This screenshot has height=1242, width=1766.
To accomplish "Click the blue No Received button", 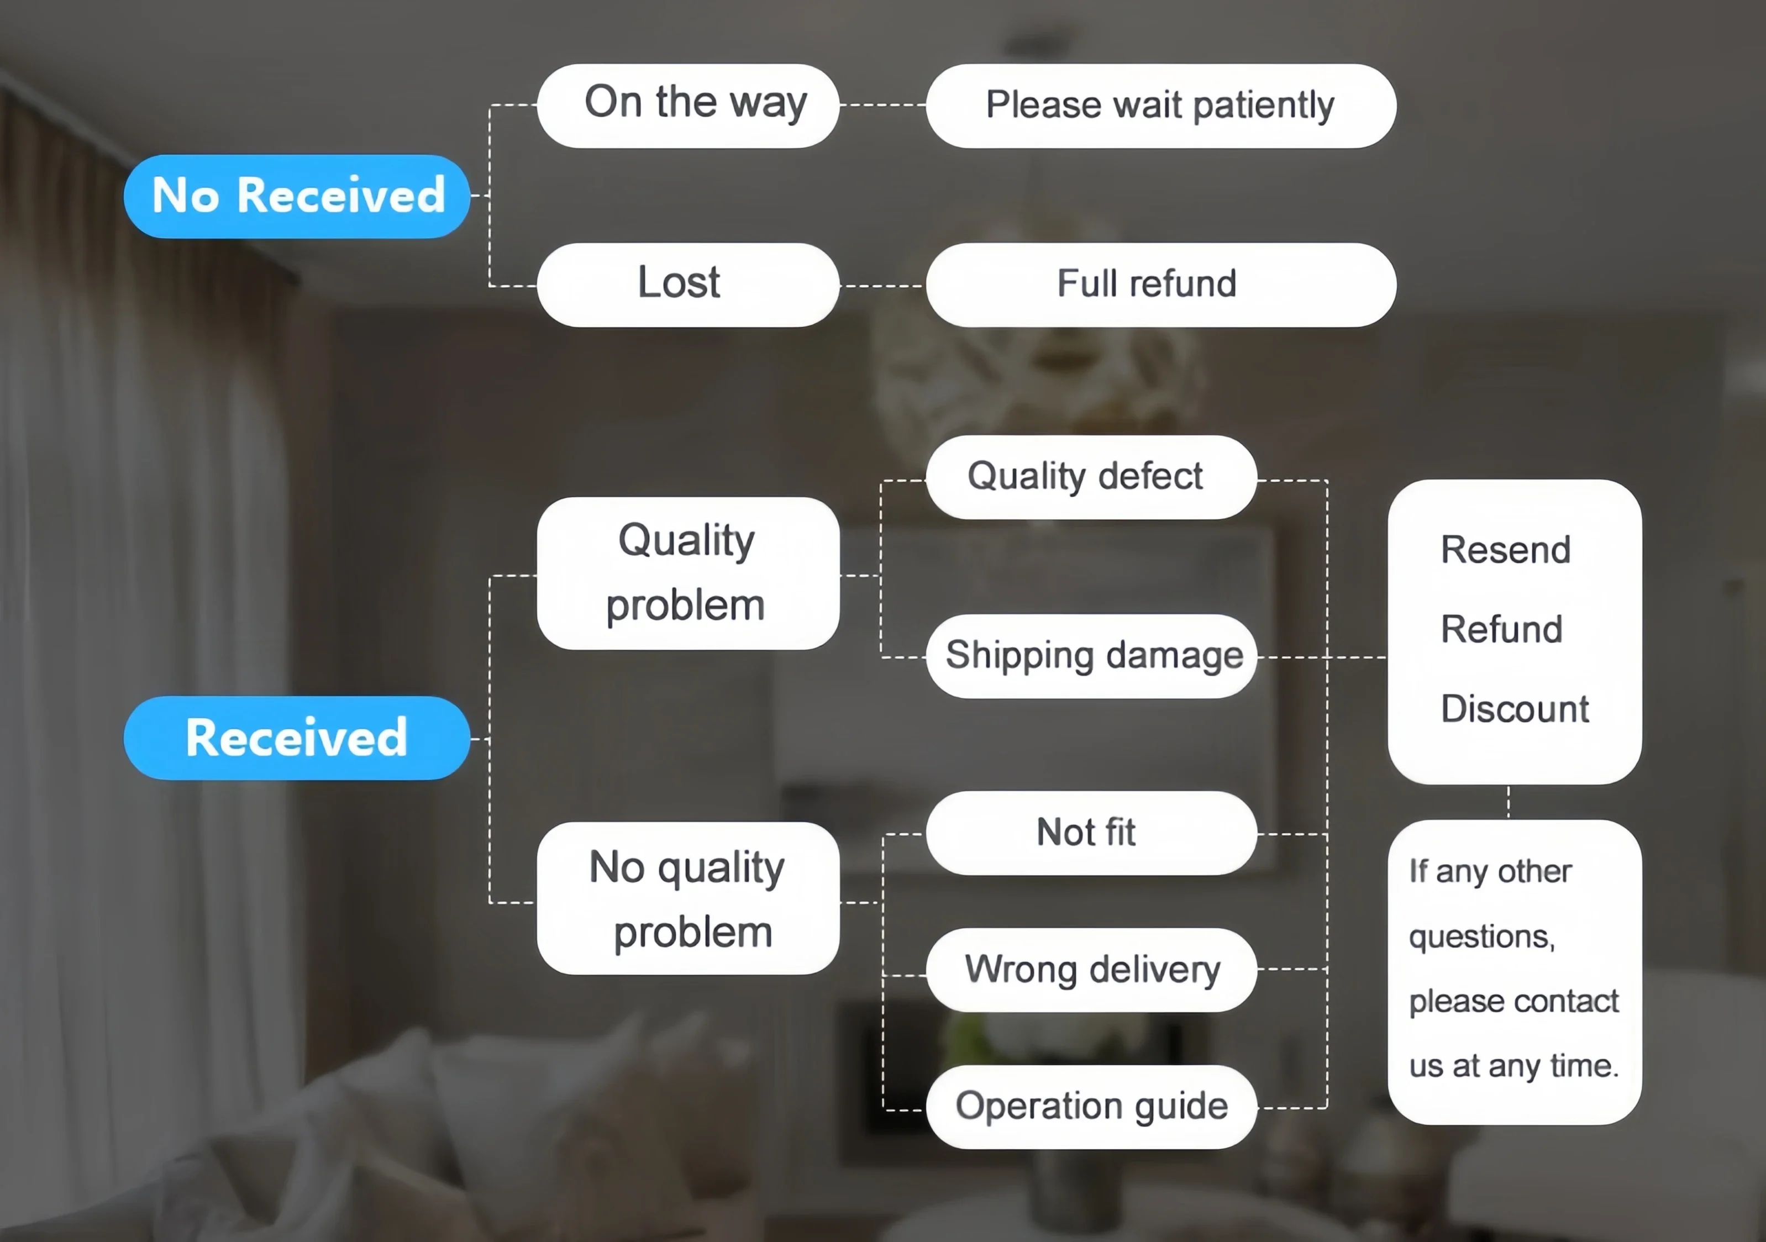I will [x=297, y=196].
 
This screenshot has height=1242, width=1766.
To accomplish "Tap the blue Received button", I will [x=297, y=738].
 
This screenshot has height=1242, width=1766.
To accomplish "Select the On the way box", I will [x=687, y=106].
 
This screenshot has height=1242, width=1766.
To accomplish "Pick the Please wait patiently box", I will [x=1161, y=106].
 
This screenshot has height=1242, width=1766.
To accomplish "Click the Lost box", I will [x=687, y=285].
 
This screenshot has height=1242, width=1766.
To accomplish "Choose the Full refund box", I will [x=1161, y=285].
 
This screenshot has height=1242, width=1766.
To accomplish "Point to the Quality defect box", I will [x=1091, y=477].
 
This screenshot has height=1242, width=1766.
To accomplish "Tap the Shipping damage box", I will [x=1091, y=656].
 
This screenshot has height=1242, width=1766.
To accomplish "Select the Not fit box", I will [x=1091, y=833].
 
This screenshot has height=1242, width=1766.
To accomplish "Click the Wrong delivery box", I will [x=1091, y=970].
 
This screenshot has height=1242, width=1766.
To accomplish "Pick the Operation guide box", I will [x=1091, y=1107].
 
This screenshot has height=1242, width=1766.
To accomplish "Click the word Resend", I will [x=1505, y=550].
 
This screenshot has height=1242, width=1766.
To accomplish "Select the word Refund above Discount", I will [x=1501, y=629].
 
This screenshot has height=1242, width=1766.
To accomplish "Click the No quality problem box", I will [x=687, y=898].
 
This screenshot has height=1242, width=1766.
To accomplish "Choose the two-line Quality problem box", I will [x=687, y=573].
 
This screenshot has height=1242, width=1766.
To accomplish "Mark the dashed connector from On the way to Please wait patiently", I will [x=882, y=104].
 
